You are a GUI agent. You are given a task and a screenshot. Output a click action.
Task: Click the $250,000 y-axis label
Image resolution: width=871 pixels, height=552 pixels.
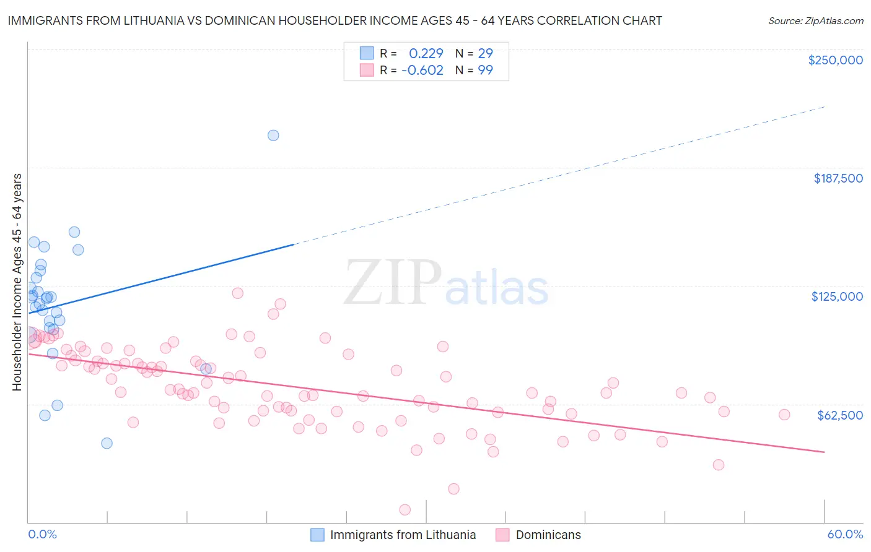(x=835, y=60)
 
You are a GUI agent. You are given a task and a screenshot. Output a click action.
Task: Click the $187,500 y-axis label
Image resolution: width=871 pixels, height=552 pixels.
(x=838, y=178)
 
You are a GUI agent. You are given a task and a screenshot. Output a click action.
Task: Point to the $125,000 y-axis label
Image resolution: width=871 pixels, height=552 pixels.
(x=837, y=296)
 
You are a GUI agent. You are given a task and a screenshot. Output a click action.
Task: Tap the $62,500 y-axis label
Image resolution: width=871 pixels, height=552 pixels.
(x=839, y=415)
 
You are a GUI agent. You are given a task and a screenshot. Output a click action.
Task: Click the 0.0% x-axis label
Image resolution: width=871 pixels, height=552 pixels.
(x=42, y=535)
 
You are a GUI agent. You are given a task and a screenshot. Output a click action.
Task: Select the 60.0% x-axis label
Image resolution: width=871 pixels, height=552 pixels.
(x=845, y=535)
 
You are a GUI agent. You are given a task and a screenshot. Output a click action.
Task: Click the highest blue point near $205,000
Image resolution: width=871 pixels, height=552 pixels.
(x=273, y=136)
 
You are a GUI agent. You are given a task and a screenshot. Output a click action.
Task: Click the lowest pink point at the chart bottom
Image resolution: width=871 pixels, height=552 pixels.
(x=405, y=510)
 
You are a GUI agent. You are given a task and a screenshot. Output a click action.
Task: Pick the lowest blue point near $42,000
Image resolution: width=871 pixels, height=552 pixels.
(x=107, y=443)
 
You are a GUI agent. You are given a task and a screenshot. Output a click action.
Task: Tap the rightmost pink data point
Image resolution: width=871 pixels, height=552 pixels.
(x=784, y=415)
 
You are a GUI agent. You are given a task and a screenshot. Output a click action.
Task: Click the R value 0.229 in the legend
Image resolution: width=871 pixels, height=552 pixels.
(x=426, y=53)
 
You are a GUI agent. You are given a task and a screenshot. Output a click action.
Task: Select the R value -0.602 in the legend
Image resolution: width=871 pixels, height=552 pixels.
(x=422, y=71)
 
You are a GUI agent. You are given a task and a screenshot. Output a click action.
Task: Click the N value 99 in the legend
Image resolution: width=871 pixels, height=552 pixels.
(x=485, y=71)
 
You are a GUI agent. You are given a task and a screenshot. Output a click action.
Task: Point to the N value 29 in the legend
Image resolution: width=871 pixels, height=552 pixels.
(x=485, y=53)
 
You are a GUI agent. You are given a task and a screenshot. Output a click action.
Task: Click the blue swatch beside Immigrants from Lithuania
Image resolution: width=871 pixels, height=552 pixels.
(x=317, y=535)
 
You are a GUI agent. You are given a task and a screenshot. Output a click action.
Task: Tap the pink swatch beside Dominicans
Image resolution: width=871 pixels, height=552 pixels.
(x=502, y=535)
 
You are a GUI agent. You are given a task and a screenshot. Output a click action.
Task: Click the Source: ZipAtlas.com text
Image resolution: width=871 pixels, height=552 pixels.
(x=815, y=21)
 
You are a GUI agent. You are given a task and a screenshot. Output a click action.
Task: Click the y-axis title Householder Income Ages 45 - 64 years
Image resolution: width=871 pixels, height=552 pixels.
(x=17, y=282)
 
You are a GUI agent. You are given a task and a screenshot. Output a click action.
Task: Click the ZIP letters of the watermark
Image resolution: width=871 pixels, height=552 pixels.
(x=392, y=283)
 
